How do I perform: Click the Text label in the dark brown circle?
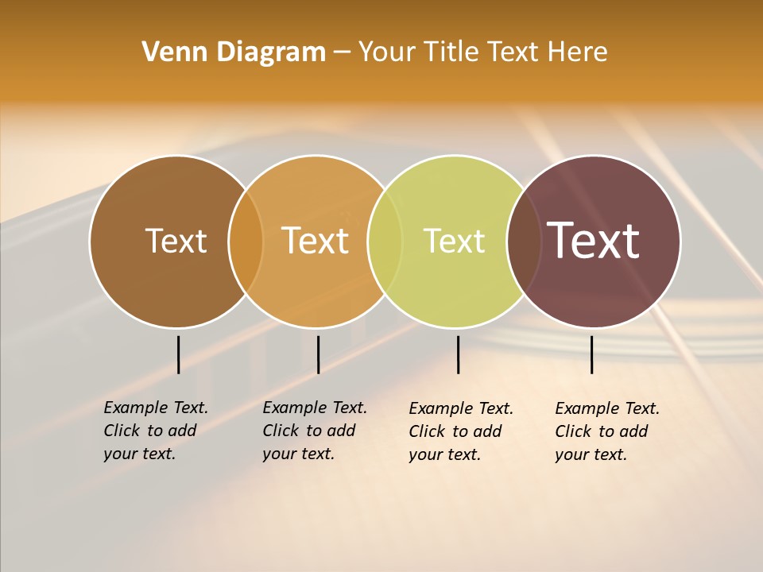click(x=176, y=241)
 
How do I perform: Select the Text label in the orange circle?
click(x=315, y=241)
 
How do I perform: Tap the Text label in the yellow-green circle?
click(x=454, y=241)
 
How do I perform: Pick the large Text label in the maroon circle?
click(x=593, y=241)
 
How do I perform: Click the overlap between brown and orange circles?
click(x=246, y=241)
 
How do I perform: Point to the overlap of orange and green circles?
click(x=385, y=241)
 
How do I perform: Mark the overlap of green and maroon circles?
click(x=524, y=241)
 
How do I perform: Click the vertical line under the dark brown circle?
click(x=178, y=354)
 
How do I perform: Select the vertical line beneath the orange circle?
click(x=318, y=354)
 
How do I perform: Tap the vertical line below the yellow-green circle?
click(x=458, y=354)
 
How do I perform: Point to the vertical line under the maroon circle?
click(x=591, y=354)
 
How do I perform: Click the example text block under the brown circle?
click(x=155, y=431)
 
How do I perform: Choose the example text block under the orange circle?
click(x=314, y=431)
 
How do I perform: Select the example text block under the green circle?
click(x=460, y=431)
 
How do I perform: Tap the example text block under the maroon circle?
click(x=606, y=431)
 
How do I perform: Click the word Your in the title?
click(x=386, y=52)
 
